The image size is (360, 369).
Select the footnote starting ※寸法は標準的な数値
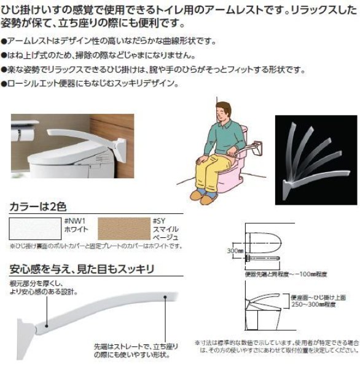(276, 347)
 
